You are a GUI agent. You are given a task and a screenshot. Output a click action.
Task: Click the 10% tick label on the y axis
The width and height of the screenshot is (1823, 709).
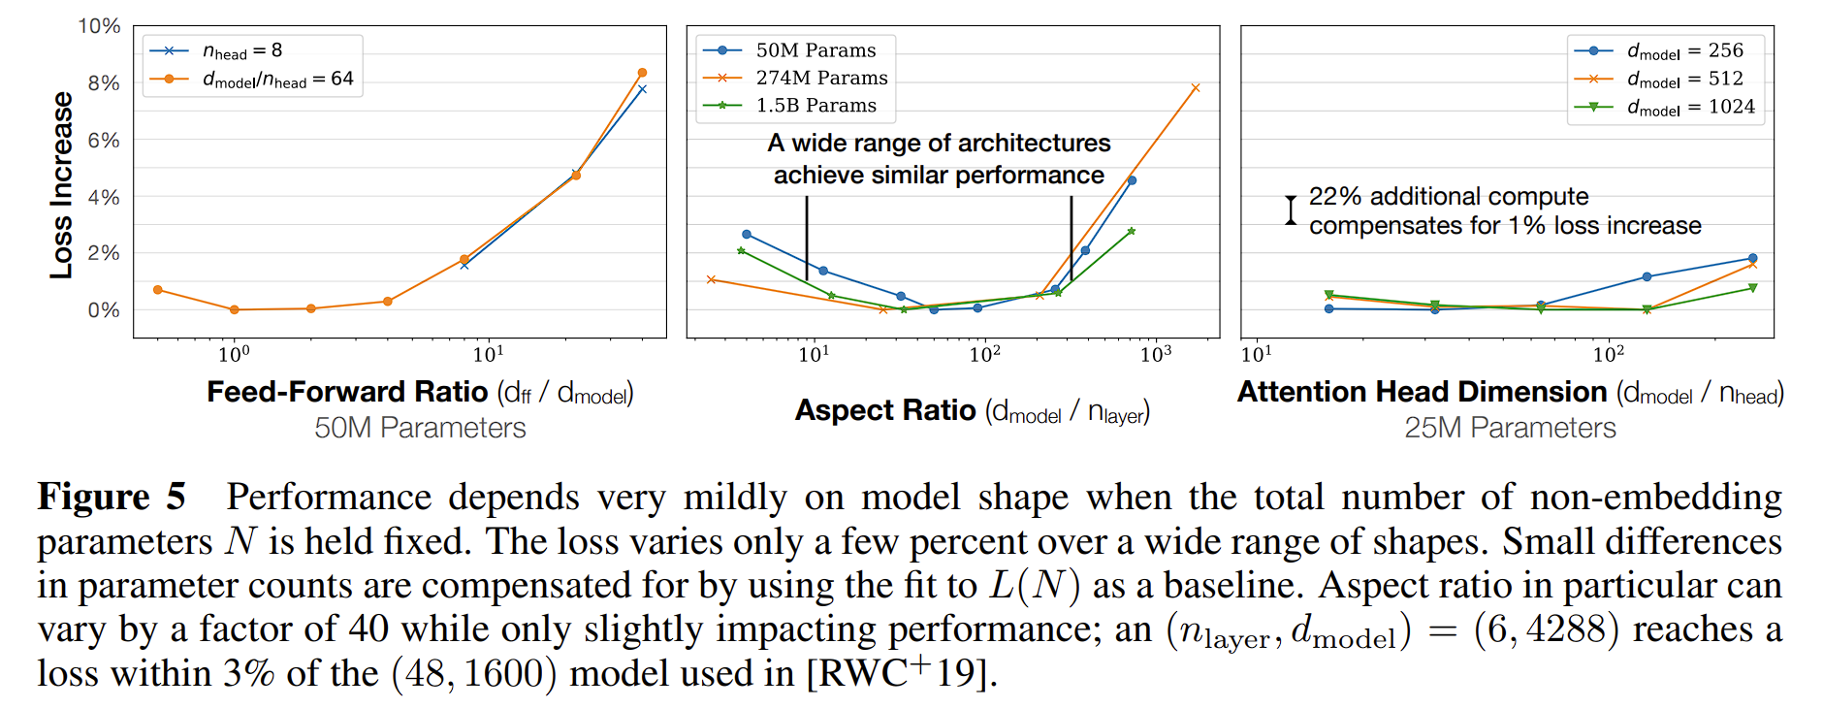99,26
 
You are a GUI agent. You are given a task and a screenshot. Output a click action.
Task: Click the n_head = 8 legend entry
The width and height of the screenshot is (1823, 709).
241,50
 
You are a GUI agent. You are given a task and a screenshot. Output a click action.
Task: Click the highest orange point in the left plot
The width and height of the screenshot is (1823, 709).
642,73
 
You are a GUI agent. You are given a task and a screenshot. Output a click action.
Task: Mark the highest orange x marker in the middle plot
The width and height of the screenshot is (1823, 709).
1195,88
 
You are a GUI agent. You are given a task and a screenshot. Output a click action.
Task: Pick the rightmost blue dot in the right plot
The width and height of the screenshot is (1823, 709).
1752,258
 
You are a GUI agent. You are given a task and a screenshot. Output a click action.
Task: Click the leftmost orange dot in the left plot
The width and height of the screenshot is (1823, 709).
158,290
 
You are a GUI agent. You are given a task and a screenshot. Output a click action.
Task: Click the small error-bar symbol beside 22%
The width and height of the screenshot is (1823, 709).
1291,209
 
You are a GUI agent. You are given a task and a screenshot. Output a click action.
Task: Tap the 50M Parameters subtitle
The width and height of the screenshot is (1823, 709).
420,428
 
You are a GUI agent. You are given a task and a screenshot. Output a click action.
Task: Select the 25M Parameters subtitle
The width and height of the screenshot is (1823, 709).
1510,428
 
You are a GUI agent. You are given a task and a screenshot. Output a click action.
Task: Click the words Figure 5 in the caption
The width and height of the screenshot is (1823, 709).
112,497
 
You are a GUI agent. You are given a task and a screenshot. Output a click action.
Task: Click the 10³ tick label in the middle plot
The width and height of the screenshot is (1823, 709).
1156,354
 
